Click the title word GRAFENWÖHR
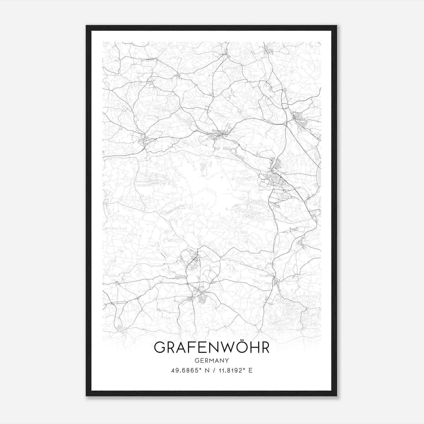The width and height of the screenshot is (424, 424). (211, 347)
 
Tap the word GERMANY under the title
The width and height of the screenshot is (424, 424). (211, 361)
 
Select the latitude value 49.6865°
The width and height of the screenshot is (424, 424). (185, 370)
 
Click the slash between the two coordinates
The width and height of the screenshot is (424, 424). (213, 370)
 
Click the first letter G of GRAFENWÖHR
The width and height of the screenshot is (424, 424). (160, 347)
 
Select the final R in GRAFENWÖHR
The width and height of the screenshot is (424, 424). (264, 347)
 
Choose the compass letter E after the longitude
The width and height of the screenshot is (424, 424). (250, 370)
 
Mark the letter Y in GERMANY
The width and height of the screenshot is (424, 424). (227, 361)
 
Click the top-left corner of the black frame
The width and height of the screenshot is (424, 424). (86, 26)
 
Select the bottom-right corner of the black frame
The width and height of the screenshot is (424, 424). (336, 396)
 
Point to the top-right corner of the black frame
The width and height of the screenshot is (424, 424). (336, 26)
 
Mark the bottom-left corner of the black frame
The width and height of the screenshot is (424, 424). (86, 396)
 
